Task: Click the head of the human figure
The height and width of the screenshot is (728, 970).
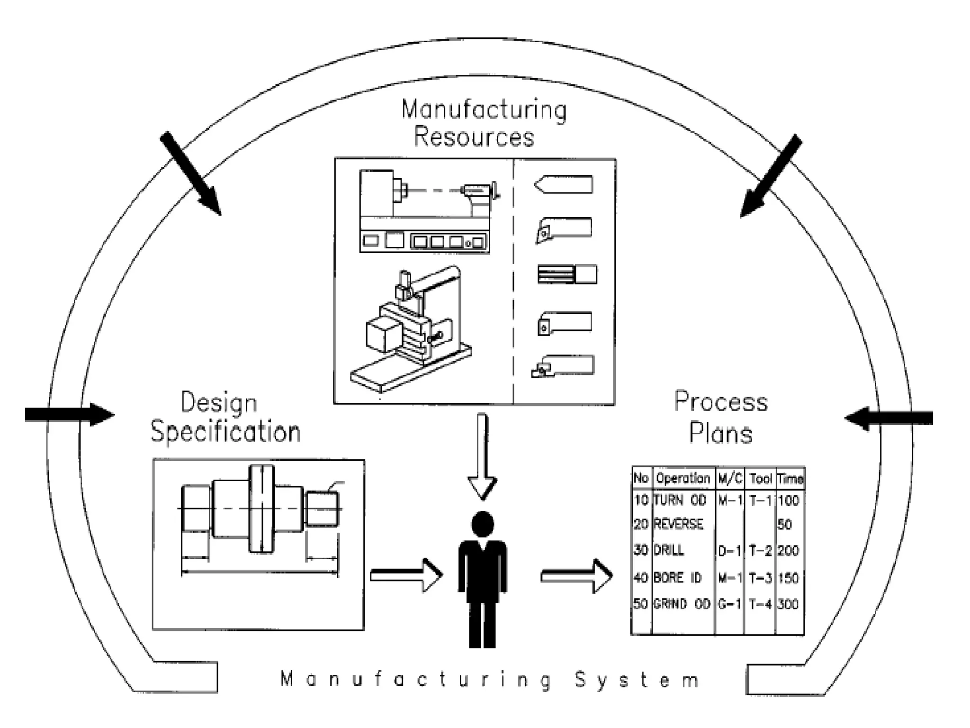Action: [483, 525]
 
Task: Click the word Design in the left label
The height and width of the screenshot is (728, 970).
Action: [219, 403]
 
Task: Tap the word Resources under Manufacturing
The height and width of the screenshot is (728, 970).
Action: [474, 137]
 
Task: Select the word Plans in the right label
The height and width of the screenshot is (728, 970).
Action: [720, 433]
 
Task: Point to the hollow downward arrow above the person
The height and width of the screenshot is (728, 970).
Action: [482, 455]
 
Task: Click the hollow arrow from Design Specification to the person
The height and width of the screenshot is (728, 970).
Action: [406, 575]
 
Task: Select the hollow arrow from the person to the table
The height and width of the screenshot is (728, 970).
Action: [576, 576]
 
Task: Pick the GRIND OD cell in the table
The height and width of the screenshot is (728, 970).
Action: [682, 604]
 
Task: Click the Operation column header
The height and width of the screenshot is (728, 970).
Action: [683, 478]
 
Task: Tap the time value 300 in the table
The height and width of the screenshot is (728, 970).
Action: [789, 604]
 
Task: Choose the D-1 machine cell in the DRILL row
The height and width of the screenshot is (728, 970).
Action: [729, 551]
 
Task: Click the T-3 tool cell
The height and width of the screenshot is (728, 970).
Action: [760, 578]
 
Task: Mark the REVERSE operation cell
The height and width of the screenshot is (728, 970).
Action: [678, 524]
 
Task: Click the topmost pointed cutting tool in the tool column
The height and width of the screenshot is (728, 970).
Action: [564, 184]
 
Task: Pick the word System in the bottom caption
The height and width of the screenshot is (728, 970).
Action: [637, 680]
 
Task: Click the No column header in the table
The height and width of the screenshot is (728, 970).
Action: [641, 478]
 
